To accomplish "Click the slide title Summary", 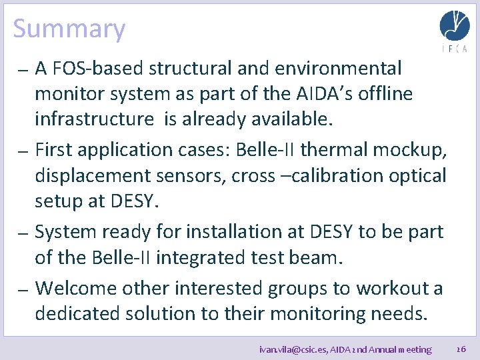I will pyautogui.click(x=69, y=29).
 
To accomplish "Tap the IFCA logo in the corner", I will pyautogui.click(x=454, y=31).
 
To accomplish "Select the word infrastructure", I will pyautogui.click(x=94, y=119).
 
